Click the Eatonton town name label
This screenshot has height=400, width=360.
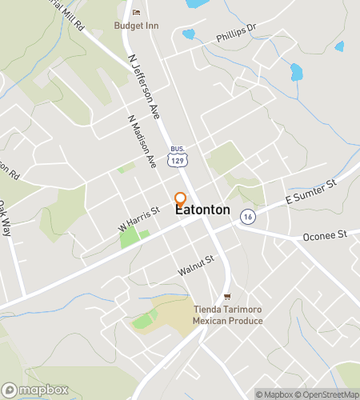(x=202, y=210)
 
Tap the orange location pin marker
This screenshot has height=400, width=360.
(x=181, y=199)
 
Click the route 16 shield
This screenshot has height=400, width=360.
(x=249, y=217)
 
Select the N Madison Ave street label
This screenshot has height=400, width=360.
(x=141, y=141)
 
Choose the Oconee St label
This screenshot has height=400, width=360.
(x=324, y=236)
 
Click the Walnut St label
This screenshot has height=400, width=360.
(x=197, y=266)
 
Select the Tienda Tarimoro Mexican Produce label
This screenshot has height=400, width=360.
(x=227, y=315)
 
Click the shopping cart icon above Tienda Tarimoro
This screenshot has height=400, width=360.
(x=227, y=297)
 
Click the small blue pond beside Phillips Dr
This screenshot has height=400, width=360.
(x=189, y=34)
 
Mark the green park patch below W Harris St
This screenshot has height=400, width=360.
(x=131, y=236)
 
